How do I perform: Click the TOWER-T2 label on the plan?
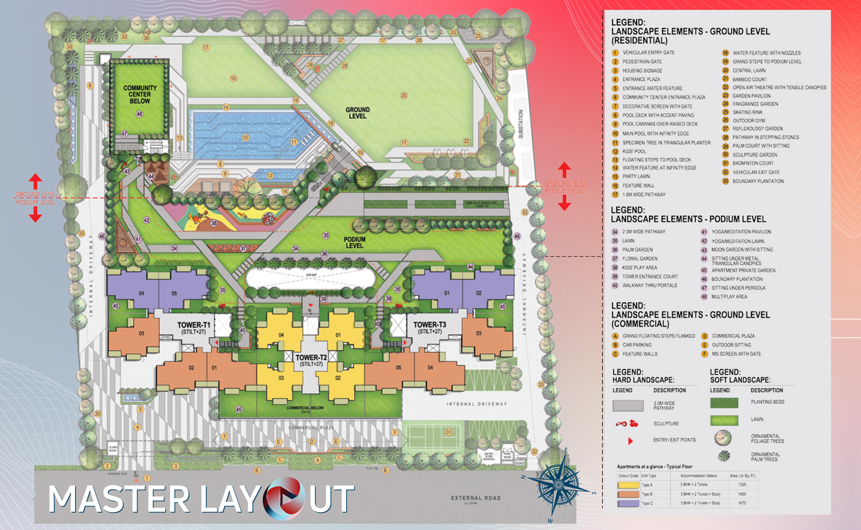[x=311, y=360]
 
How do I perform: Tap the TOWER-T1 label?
[x=193, y=327]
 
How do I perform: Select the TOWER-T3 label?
[x=429, y=327]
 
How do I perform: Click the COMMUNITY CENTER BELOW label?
[x=139, y=95]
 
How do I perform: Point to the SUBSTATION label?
[x=521, y=123]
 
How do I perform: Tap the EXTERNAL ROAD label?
[x=475, y=498]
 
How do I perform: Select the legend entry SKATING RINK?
[x=747, y=113]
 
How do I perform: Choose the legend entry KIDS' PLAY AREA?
[x=639, y=268]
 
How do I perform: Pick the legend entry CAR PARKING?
[x=637, y=345]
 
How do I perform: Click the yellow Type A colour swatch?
[x=628, y=485]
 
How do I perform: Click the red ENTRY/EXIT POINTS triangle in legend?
[x=630, y=441]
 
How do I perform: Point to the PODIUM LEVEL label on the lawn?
[x=354, y=242]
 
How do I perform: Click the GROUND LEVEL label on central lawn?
[x=357, y=113]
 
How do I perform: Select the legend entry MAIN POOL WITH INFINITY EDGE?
[x=656, y=133]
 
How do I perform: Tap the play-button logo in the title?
[x=284, y=498]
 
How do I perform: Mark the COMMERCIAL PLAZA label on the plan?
[x=311, y=428]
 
